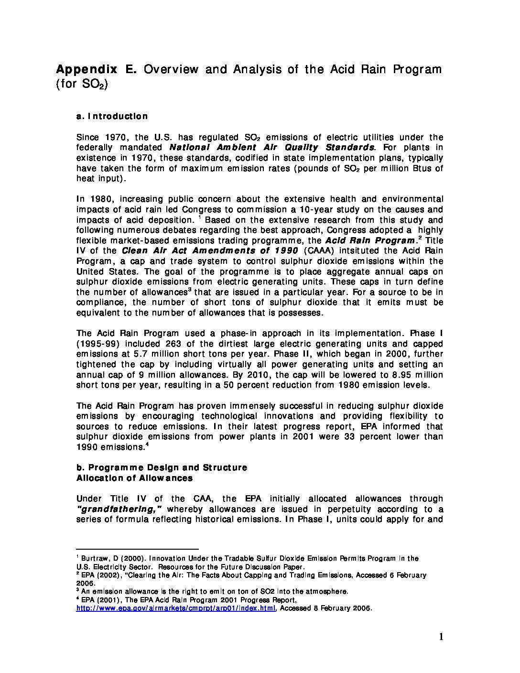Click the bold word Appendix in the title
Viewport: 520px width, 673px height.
click(87, 69)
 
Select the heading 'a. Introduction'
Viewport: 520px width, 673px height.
click(112, 116)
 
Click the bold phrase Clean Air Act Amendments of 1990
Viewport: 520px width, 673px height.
click(210, 250)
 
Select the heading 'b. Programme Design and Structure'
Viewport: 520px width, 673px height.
click(162, 467)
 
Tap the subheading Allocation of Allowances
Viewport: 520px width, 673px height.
click(134, 478)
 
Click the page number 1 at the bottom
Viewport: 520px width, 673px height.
click(441, 637)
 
